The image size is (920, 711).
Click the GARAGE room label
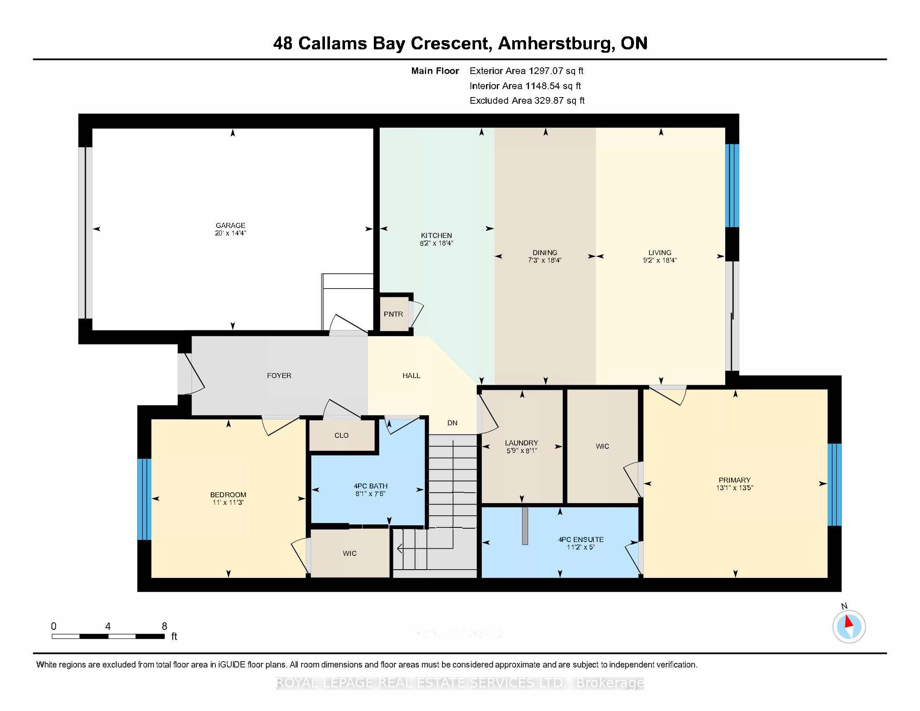click(x=230, y=225)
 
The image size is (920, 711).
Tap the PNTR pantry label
click(x=393, y=314)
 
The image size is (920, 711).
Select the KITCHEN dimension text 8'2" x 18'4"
click(x=436, y=243)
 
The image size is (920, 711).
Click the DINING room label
click(x=544, y=252)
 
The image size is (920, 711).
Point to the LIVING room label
click(x=659, y=252)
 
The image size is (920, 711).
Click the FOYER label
click(x=279, y=375)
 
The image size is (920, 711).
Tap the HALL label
click(x=411, y=375)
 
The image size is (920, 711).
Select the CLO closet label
click(x=341, y=435)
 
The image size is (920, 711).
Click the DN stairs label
click(x=452, y=423)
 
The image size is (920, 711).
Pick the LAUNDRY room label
click(x=521, y=442)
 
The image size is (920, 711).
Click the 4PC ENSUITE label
click(x=580, y=539)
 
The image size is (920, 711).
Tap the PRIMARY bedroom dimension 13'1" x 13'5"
click(x=734, y=488)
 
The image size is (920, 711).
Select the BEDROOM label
click(x=228, y=494)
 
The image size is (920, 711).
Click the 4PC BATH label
click(x=370, y=486)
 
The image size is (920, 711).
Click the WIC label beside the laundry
click(x=602, y=446)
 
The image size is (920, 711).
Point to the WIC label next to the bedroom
click(x=349, y=553)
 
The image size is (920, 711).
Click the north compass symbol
click(x=849, y=627)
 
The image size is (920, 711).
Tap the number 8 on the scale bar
click(x=164, y=627)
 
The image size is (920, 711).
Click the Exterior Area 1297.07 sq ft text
click(x=526, y=71)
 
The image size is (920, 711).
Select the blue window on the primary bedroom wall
click(x=834, y=484)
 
